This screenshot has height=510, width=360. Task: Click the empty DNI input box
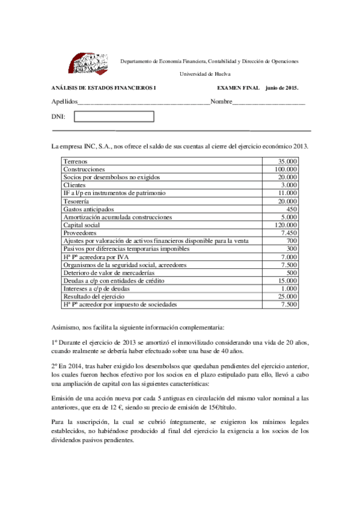[114, 116]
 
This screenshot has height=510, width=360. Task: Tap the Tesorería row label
[77, 201]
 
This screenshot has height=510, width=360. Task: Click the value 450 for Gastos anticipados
[292, 209]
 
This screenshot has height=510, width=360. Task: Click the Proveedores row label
[80, 233]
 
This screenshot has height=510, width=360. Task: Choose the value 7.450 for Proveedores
[288, 233]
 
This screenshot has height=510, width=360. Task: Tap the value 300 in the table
[292, 248]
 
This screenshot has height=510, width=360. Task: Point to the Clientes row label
[75, 186]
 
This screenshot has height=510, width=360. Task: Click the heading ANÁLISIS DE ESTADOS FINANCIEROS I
[103, 88]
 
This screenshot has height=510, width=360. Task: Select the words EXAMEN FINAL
[234, 88]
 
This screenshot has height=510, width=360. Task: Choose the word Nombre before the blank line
[221, 102]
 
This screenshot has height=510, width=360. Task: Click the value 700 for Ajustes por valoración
[292, 241]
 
